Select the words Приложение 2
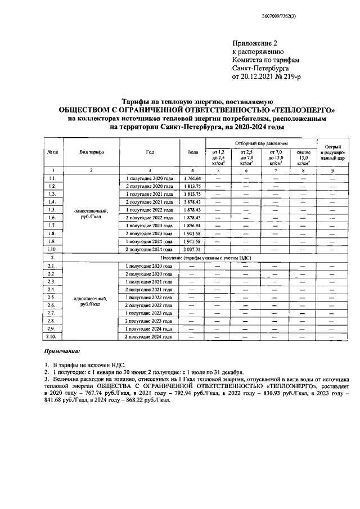[x=255, y=43]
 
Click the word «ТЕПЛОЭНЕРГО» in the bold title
[x=304, y=110]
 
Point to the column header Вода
[x=192, y=152]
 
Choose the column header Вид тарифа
[x=91, y=152]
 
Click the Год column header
[x=149, y=152]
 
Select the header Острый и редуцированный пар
[x=332, y=152]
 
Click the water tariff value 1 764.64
[x=192, y=178]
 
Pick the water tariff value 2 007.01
[x=192, y=249]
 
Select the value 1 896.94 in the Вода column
[x=192, y=225]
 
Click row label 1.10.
[x=52, y=249]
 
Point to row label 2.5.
[x=52, y=297]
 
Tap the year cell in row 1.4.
[x=149, y=201]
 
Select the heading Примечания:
[x=62, y=351]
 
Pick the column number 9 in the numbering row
[x=332, y=170]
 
